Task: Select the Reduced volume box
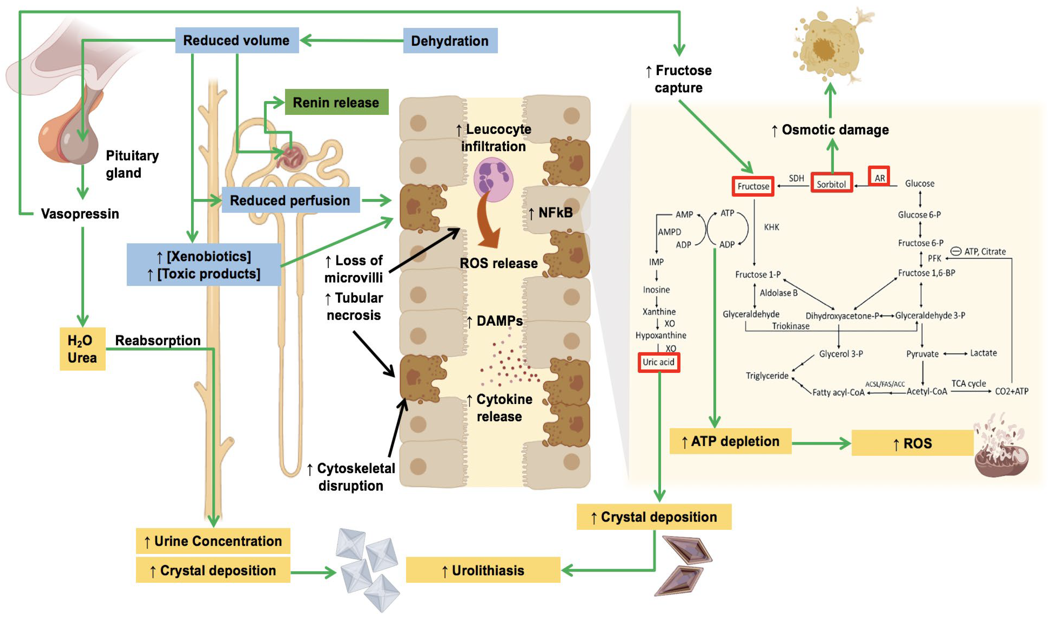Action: [x=237, y=40]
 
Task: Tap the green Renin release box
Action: [x=336, y=102]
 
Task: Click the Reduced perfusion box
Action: [x=290, y=200]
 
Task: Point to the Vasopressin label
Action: [x=80, y=214]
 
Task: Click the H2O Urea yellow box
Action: [x=82, y=349]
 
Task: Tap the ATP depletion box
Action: [x=730, y=441]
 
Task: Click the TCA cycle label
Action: [x=968, y=383]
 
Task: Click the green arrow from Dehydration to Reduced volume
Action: [x=351, y=41]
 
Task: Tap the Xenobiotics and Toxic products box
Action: [x=204, y=265]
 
